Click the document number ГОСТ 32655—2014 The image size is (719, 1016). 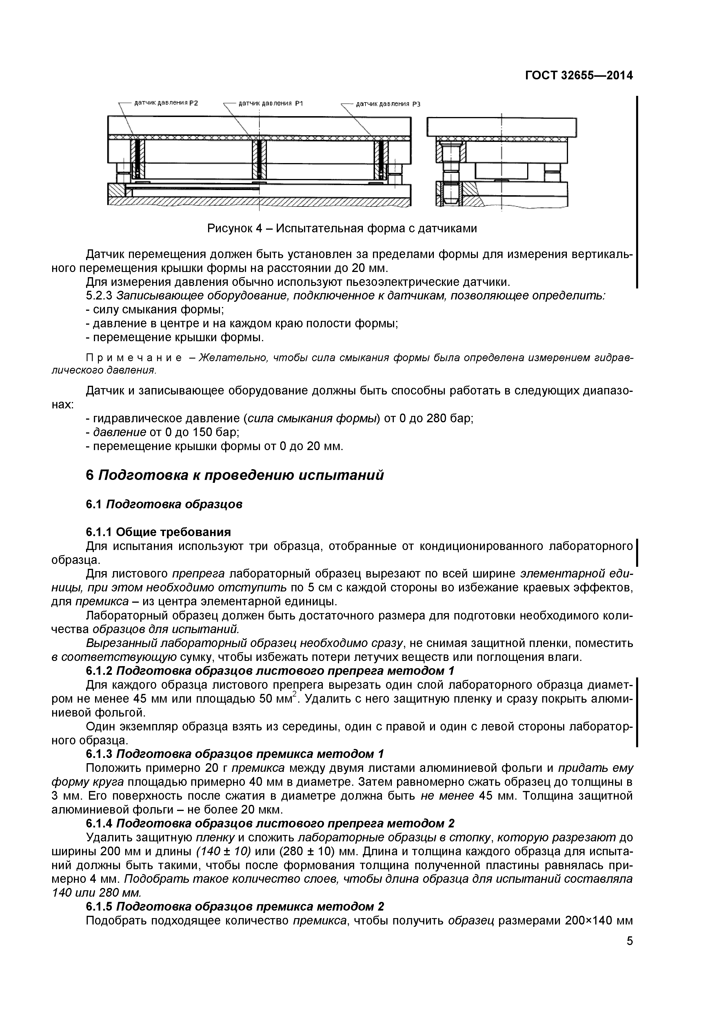point(579,75)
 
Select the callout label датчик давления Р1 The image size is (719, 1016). point(270,104)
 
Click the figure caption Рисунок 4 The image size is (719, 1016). point(342,228)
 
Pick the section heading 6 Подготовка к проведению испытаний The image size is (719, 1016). point(235,475)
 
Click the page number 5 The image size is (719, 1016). point(629,951)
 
